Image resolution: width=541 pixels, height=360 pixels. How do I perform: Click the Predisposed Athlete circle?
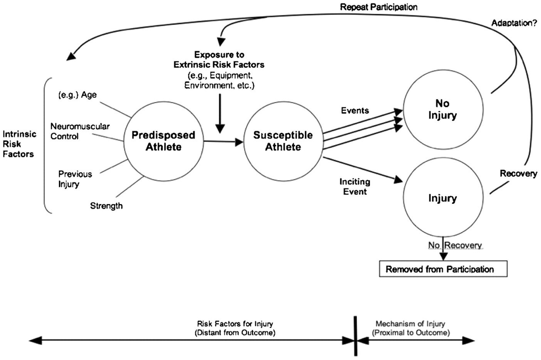163,141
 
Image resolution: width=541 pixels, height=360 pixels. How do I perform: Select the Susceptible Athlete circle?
283,141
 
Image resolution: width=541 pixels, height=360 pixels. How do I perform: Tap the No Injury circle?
443,109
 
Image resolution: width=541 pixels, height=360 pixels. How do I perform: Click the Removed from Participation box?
443,269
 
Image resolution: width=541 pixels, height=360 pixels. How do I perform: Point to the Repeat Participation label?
378,7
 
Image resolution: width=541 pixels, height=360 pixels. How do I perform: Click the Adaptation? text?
514,23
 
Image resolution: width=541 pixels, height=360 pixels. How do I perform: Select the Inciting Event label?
355,186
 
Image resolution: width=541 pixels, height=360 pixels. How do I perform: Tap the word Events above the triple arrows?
355,111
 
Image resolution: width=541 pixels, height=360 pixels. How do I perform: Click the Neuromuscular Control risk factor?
80,131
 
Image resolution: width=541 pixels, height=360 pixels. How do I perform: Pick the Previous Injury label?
75,179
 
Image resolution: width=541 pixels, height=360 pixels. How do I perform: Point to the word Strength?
106,206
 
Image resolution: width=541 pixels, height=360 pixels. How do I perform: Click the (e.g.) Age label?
77,95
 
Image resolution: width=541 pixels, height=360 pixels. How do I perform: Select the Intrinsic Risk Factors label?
19,144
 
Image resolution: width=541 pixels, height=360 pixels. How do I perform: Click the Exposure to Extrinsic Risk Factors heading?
219,60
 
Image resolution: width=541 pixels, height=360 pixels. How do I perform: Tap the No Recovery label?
455,245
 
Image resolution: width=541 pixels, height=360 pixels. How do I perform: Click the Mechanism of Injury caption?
410,328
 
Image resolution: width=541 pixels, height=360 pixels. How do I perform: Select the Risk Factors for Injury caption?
235,328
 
